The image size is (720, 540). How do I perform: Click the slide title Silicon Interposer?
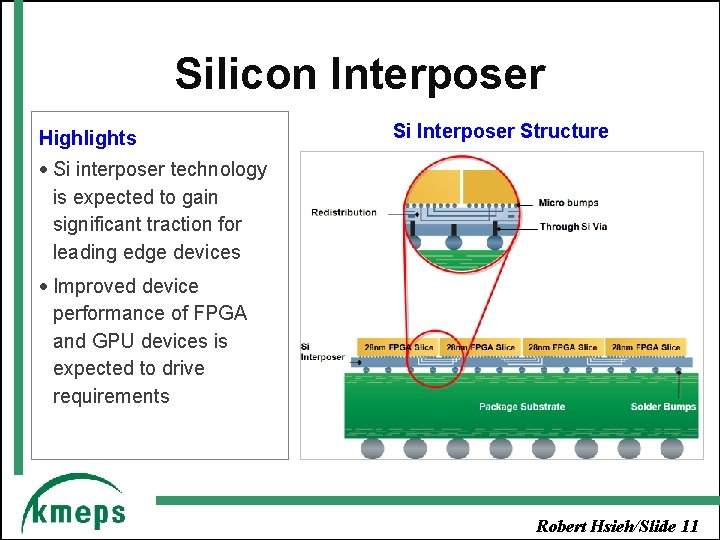360,74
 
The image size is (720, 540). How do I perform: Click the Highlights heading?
87,138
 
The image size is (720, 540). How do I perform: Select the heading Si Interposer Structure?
500,131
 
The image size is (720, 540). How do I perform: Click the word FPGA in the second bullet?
222,313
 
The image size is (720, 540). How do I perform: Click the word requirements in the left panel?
111,396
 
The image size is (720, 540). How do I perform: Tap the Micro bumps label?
568,203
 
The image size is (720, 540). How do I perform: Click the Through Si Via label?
573,227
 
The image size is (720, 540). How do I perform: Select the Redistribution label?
343,212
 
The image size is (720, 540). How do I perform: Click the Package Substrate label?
521,407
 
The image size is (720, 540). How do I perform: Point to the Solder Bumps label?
663,407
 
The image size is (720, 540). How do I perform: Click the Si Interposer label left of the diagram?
321,352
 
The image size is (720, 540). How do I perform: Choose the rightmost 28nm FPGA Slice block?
645,347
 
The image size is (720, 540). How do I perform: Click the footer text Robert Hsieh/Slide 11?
617,526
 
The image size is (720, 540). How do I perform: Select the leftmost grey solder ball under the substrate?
372,447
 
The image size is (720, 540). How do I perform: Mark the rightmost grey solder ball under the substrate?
672,447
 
